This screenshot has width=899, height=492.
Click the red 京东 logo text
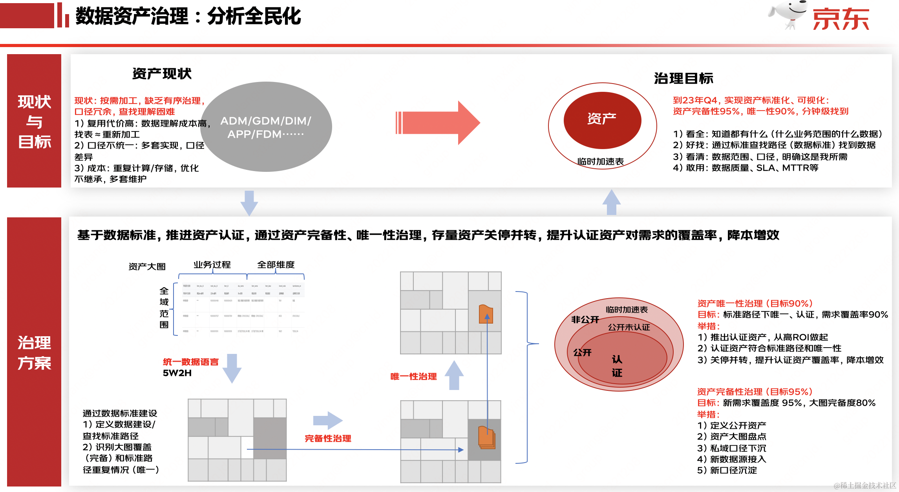pyautogui.click(x=841, y=19)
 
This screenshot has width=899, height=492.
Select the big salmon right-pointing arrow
pyautogui.click(x=438, y=123)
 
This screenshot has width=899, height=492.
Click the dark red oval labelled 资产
pyautogui.click(x=602, y=120)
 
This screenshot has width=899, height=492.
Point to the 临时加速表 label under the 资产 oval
pyautogui.click(x=600, y=161)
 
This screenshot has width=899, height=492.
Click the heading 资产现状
pyautogui.click(x=162, y=74)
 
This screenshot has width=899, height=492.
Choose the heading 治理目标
pyautogui.click(x=683, y=78)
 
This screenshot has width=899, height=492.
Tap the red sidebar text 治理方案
pyautogui.click(x=34, y=352)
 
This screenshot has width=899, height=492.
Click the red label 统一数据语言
pyautogui.click(x=190, y=362)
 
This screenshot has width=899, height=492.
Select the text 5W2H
pyautogui.click(x=177, y=373)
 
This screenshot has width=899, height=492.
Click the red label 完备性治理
pyautogui.click(x=328, y=438)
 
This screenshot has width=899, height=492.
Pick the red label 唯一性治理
pyautogui.click(x=413, y=376)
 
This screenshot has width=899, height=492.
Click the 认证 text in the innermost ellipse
pyautogui.click(x=617, y=366)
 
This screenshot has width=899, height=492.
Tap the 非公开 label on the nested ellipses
pyautogui.click(x=585, y=319)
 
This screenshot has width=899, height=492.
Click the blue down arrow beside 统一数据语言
pyautogui.click(x=232, y=368)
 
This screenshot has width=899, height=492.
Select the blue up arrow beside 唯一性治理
pyautogui.click(x=454, y=375)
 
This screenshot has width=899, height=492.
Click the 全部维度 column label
pyautogui.click(x=276, y=265)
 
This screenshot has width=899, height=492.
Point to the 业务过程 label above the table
pyautogui.click(x=212, y=265)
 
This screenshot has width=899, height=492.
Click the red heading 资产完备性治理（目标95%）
pyautogui.click(x=755, y=392)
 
